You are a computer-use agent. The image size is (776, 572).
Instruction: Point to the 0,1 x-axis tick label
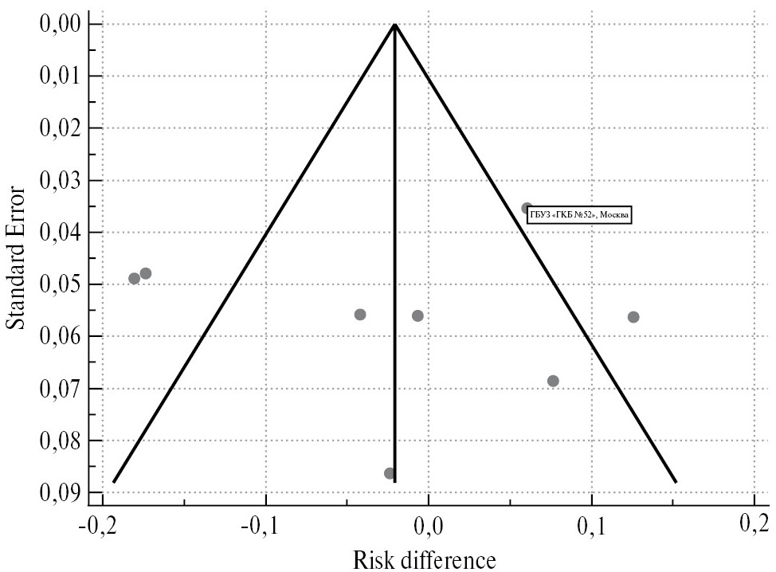pos(591,526)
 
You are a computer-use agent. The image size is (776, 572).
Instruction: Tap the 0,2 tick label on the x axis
pos(753,526)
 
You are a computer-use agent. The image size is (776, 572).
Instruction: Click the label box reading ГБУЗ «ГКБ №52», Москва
pos(579,214)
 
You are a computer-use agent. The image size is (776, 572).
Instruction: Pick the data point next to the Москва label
pos(527,208)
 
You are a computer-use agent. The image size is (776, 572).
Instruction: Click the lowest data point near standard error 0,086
pos(390,473)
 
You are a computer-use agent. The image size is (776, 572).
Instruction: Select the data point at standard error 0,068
pos(553,381)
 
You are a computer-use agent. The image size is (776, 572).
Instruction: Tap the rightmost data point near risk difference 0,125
pos(633,317)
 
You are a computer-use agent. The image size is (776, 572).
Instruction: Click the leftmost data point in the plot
pos(134,278)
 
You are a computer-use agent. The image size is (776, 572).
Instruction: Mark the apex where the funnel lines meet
pos(395,25)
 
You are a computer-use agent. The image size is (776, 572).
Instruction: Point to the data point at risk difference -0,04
pos(360,315)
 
